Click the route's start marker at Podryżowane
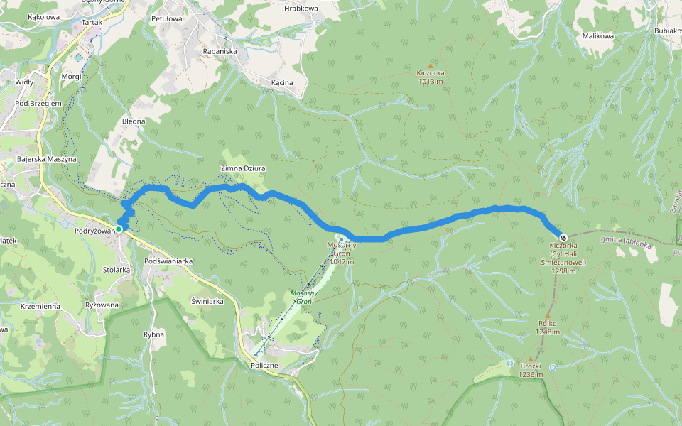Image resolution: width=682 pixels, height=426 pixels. coord(119,229)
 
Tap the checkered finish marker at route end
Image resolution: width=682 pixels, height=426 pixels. coord(563,237)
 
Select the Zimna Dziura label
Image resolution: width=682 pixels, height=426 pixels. coord(243,168)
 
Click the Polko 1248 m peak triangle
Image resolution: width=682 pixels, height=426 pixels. coord(548,316)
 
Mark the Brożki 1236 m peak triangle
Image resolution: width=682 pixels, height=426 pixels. coord(530,359)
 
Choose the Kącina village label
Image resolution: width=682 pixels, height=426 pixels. coord(282,83)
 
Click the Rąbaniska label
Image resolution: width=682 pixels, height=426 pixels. coord(220,51)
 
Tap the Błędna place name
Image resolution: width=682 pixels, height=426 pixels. coord(133,121)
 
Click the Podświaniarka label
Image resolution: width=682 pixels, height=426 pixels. coord(168,261)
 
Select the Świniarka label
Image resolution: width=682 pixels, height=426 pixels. coord(207,301)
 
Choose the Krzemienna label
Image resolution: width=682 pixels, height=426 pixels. coord(40,306)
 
